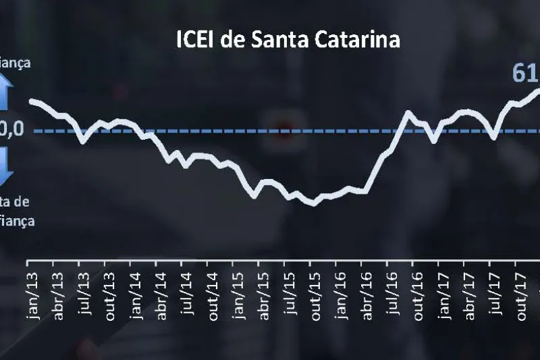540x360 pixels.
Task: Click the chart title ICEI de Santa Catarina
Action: pos(288,40)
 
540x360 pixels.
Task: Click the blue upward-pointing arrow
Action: pos(6,93)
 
